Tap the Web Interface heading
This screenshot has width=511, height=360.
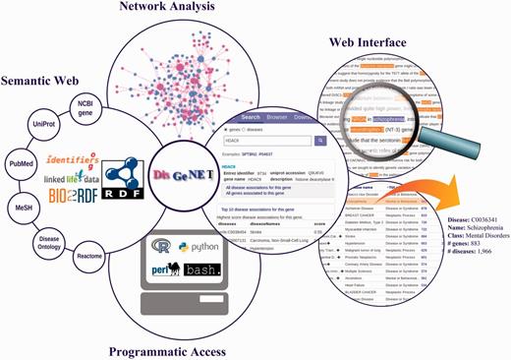pyautogui.click(x=379, y=43)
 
